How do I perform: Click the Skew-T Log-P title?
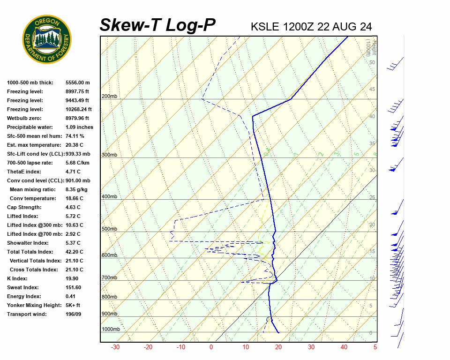pyautogui.click(x=157, y=25)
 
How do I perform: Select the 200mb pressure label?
pyautogui.click(x=109, y=97)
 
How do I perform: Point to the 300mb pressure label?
pyautogui.click(x=109, y=155)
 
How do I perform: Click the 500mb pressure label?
pyautogui.click(x=109, y=229)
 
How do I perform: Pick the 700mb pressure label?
pyautogui.click(x=109, y=278)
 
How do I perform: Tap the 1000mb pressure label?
pyautogui.click(x=111, y=329)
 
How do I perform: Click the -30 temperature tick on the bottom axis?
pyautogui.click(x=115, y=347)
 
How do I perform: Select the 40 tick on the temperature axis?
pyautogui.click(x=344, y=347)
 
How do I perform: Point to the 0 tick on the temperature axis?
pyautogui.click(x=211, y=347)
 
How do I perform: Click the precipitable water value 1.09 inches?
pyautogui.click(x=79, y=127)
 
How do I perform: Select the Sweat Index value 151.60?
pyautogui.click(x=75, y=287)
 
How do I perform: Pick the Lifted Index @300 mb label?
pyautogui.click(x=34, y=225)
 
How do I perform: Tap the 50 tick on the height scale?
pyautogui.click(x=372, y=62)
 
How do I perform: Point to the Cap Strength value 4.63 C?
pyautogui.click(x=73, y=207)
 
